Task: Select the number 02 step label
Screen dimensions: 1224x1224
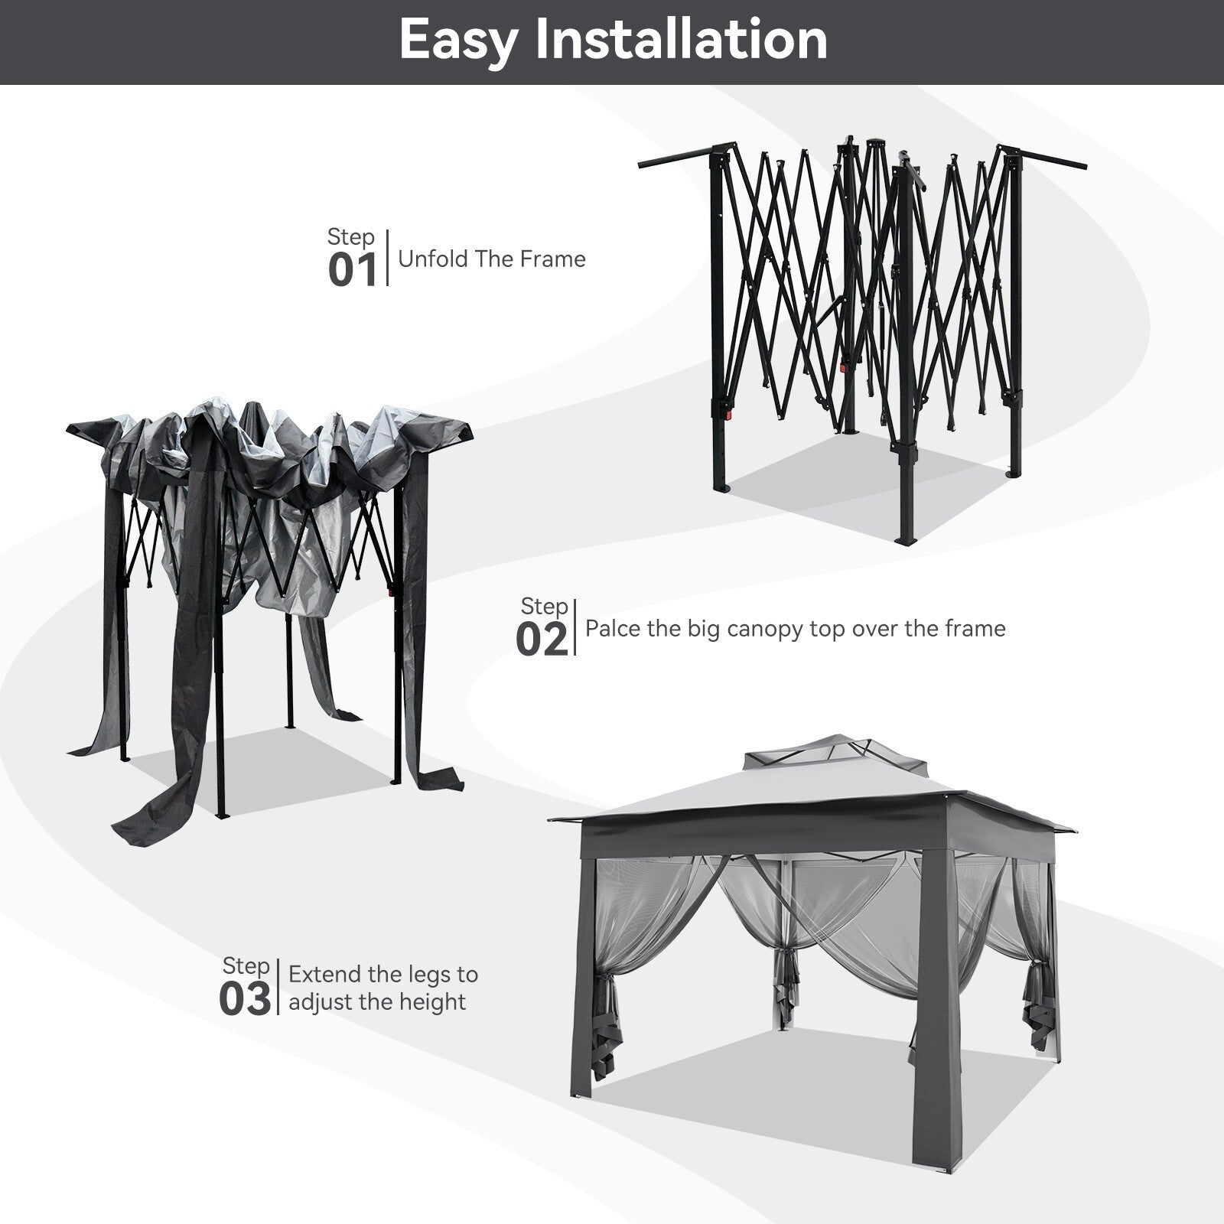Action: pos(542,640)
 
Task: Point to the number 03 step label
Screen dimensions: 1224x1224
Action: pos(245,999)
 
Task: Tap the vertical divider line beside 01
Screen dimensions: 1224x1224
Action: pos(388,258)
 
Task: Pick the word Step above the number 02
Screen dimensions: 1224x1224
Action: pos(545,607)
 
